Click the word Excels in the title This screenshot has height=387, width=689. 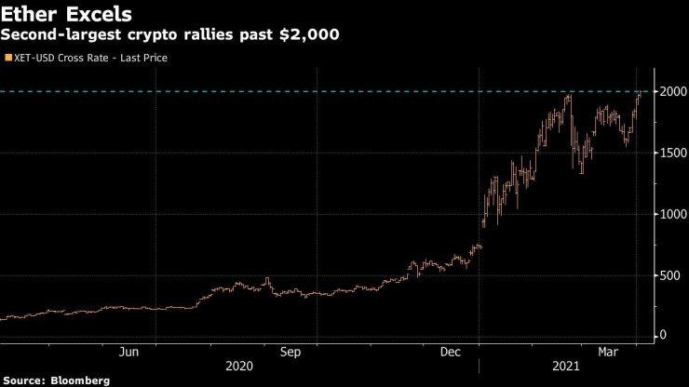click(x=98, y=16)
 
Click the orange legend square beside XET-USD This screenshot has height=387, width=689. click(x=8, y=58)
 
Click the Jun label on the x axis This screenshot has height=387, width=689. click(x=129, y=353)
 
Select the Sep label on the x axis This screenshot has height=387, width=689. click(x=290, y=353)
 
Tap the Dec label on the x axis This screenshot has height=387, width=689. click(x=452, y=353)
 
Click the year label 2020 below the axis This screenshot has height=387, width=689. click(x=239, y=367)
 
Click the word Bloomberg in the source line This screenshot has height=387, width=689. click(x=80, y=380)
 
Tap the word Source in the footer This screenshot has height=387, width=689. click(x=24, y=380)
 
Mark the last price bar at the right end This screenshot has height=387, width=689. click(x=640, y=94)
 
